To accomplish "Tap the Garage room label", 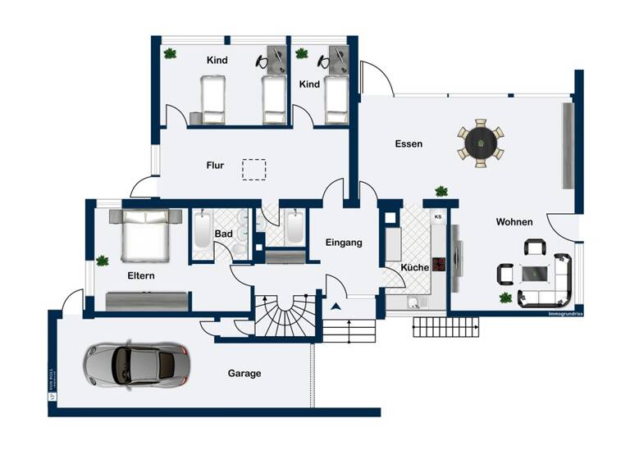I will (x=244, y=374).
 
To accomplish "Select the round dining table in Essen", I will (x=480, y=143).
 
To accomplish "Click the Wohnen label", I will (x=514, y=222).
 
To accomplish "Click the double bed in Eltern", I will (x=147, y=235).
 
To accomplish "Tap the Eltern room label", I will (x=140, y=276).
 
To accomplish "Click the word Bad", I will (x=224, y=234).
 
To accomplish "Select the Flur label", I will (x=215, y=166).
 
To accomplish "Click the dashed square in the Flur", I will (x=254, y=169).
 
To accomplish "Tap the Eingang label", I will (x=344, y=243).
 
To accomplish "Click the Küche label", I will (x=415, y=268).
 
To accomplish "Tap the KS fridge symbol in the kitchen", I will (x=438, y=217).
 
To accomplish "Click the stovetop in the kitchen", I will (x=439, y=264).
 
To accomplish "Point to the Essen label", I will (x=409, y=144).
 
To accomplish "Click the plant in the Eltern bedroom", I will (x=103, y=261).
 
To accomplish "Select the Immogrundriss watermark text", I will (x=565, y=314).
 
